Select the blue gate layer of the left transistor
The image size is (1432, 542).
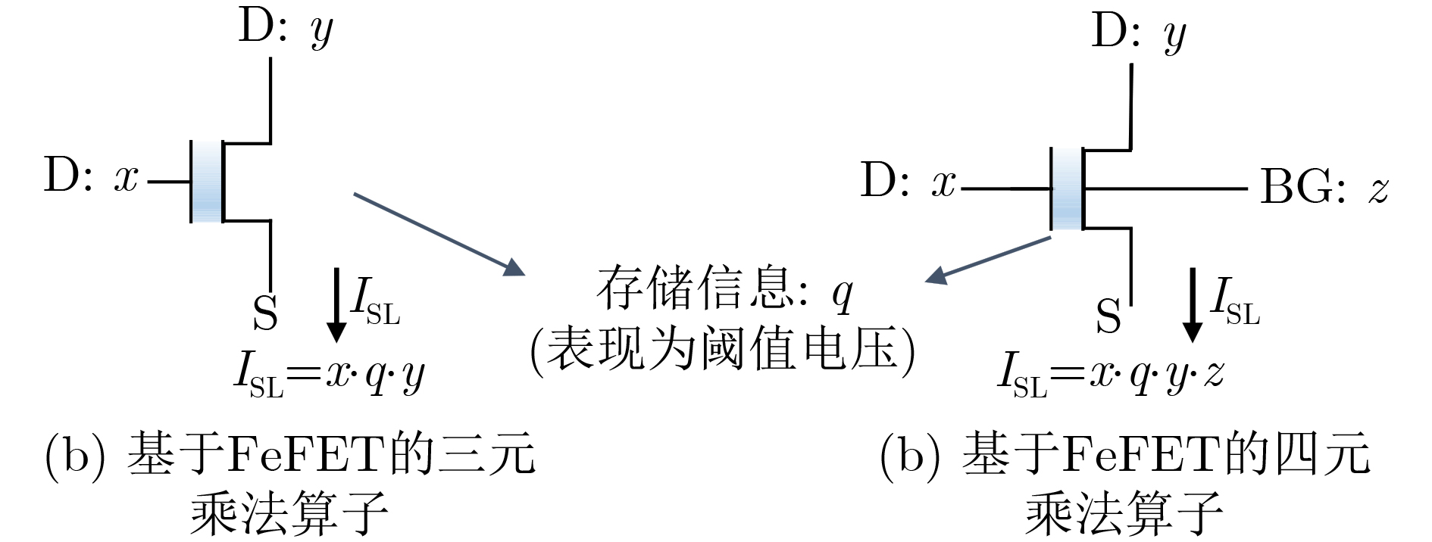pyautogui.click(x=207, y=182)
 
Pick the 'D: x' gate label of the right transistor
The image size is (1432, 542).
pyautogui.click(x=908, y=182)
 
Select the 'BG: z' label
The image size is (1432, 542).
pyautogui.click(x=1324, y=187)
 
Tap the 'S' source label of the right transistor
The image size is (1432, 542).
pyautogui.click(x=1108, y=316)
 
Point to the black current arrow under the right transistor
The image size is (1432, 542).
pyautogui.click(x=1193, y=304)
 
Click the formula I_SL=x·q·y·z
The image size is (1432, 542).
pyautogui.click(x=1111, y=374)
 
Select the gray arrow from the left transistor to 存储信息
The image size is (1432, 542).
pyautogui.click(x=439, y=234)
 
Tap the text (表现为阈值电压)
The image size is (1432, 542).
pyautogui.click(x=723, y=350)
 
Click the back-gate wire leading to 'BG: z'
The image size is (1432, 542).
pyautogui.click(x=1165, y=188)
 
